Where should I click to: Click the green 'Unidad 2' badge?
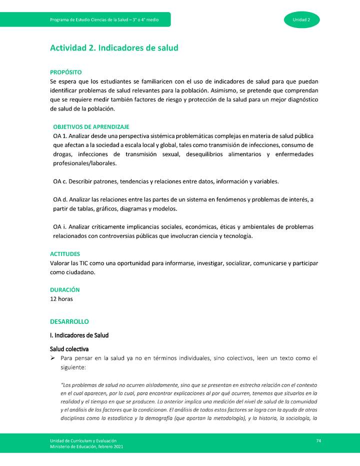[x=302, y=19]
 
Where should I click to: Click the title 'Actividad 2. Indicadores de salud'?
[x=114, y=48]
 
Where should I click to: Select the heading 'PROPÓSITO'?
[x=66, y=72]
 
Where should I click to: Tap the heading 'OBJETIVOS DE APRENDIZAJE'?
[x=91, y=127]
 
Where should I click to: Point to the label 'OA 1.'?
[x=60, y=136]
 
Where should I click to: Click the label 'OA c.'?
[x=60, y=181]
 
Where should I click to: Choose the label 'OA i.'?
[x=59, y=227]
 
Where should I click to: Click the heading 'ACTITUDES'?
[x=65, y=254]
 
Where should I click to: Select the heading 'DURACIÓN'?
[x=65, y=290]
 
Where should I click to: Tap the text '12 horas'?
[x=61, y=299]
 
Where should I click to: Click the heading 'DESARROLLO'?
[x=69, y=322]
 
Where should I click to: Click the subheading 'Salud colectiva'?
[x=69, y=348]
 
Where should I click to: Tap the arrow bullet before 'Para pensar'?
[x=52, y=358]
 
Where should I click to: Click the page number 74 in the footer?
[x=318, y=440]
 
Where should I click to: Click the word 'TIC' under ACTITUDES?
[x=82, y=263]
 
